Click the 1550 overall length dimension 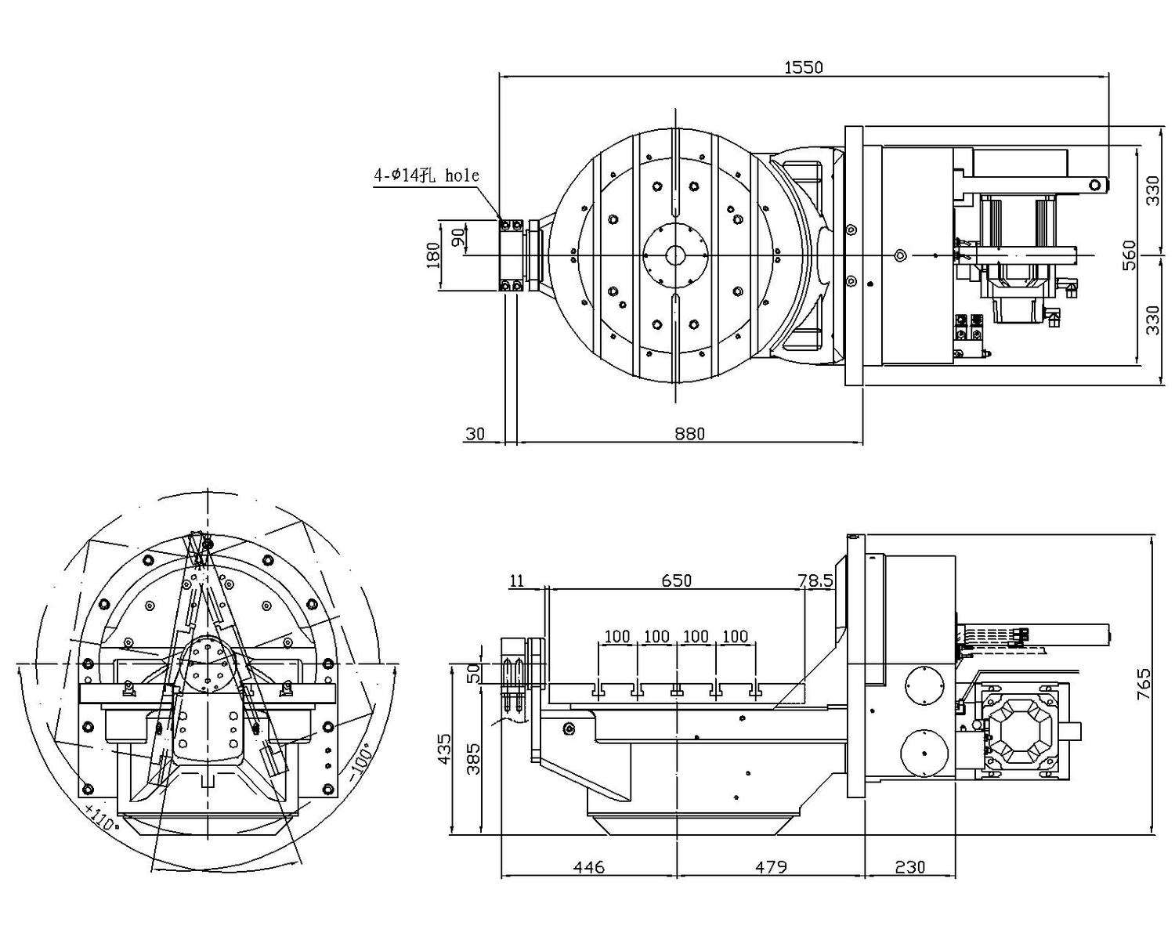tap(804, 67)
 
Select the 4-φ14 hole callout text tap(425, 175)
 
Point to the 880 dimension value tap(689, 433)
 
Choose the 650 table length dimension tap(677, 580)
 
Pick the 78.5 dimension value tap(815, 580)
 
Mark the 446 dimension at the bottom tap(589, 867)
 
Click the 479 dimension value tap(771, 867)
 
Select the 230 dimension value tap(909, 867)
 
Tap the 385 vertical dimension tap(474, 758)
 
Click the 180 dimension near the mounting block tap(433, 255)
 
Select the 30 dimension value tap(475, 433)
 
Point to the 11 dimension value tap(517, 580)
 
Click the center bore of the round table tap(675, 255)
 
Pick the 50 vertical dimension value tap(473, 674)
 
